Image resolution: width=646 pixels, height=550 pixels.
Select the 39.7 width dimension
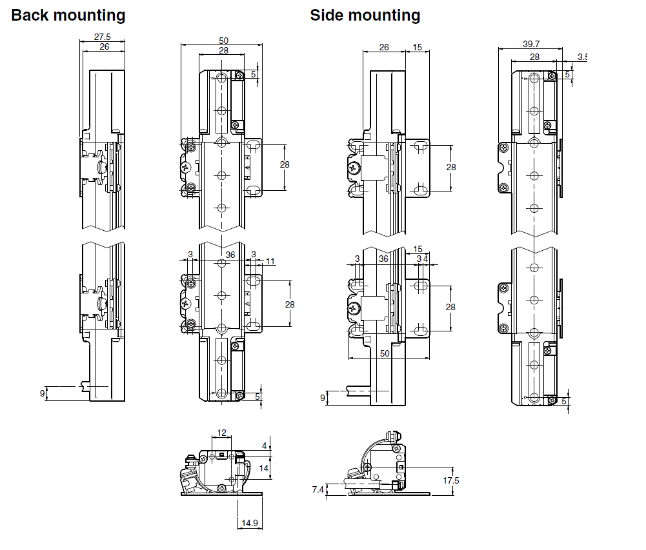pyautogui.click(x=531, y=44)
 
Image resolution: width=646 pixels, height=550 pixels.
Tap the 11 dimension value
pyautogui.click(x=270, y=261)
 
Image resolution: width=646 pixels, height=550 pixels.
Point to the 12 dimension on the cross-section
pyautogui.click(x=221, y=433)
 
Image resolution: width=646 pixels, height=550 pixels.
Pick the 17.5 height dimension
pyautogui.click(x=450, y=480)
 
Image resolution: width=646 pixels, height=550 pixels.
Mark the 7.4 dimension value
pyautogui.click(x=318, y=490)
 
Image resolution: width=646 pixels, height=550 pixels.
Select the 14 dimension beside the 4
pyautogui.click(x=263, y=469)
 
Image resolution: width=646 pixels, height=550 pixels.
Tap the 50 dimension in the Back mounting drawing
pyautogui.click(x=223, y=41)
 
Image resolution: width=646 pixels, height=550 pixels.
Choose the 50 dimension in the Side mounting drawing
pyautogui.click(x=385, y=354)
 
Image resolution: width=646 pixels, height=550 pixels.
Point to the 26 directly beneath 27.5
pyautogui.click(x=103, y=47)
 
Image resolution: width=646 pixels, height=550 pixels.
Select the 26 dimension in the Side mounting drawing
pyautogui.click(x=384, y=47)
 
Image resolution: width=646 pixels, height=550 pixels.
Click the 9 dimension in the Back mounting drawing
pyautogui.click(x=43, y=392)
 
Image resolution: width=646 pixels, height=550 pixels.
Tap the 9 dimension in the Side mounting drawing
pyautogui.click(x=323, y=398)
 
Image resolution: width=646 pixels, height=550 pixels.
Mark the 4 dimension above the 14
pyautogui.click(x=264, y=445)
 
